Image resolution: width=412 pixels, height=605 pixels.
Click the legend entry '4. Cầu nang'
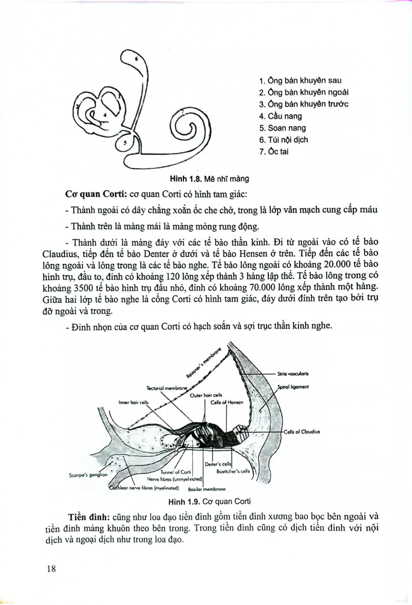(x=280, y=116)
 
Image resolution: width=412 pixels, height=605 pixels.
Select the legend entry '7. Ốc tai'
(x=274, y=152)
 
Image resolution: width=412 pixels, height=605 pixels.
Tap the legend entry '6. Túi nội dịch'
(x=283, y=140)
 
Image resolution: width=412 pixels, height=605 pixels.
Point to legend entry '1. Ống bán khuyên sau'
(x=300, y=81)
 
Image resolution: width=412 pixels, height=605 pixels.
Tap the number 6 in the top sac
(x=136, y=58)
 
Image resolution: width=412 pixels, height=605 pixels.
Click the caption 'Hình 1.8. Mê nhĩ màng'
(x=209, y=179)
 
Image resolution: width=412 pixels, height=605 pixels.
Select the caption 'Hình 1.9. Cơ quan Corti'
(x=209, y=502)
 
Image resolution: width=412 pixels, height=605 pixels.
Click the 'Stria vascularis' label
(x=293, y=374)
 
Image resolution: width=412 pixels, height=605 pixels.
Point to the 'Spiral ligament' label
(x=293, y=387)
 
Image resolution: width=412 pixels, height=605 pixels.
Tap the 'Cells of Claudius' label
(x=302, y=432)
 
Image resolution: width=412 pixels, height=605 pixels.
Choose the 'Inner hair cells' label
(x=133, y=402)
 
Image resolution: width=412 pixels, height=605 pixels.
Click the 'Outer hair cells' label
(x=206, y=395)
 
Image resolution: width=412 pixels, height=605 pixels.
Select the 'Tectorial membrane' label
(x=167, y=388)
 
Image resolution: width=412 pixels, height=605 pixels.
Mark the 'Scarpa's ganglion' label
(x=88, y=475)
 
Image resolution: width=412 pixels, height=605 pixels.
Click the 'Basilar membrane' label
(x=207, y=489)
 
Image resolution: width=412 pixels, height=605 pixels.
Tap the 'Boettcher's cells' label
(x=233, y=471)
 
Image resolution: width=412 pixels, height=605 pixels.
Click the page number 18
(x=51, y=569)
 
